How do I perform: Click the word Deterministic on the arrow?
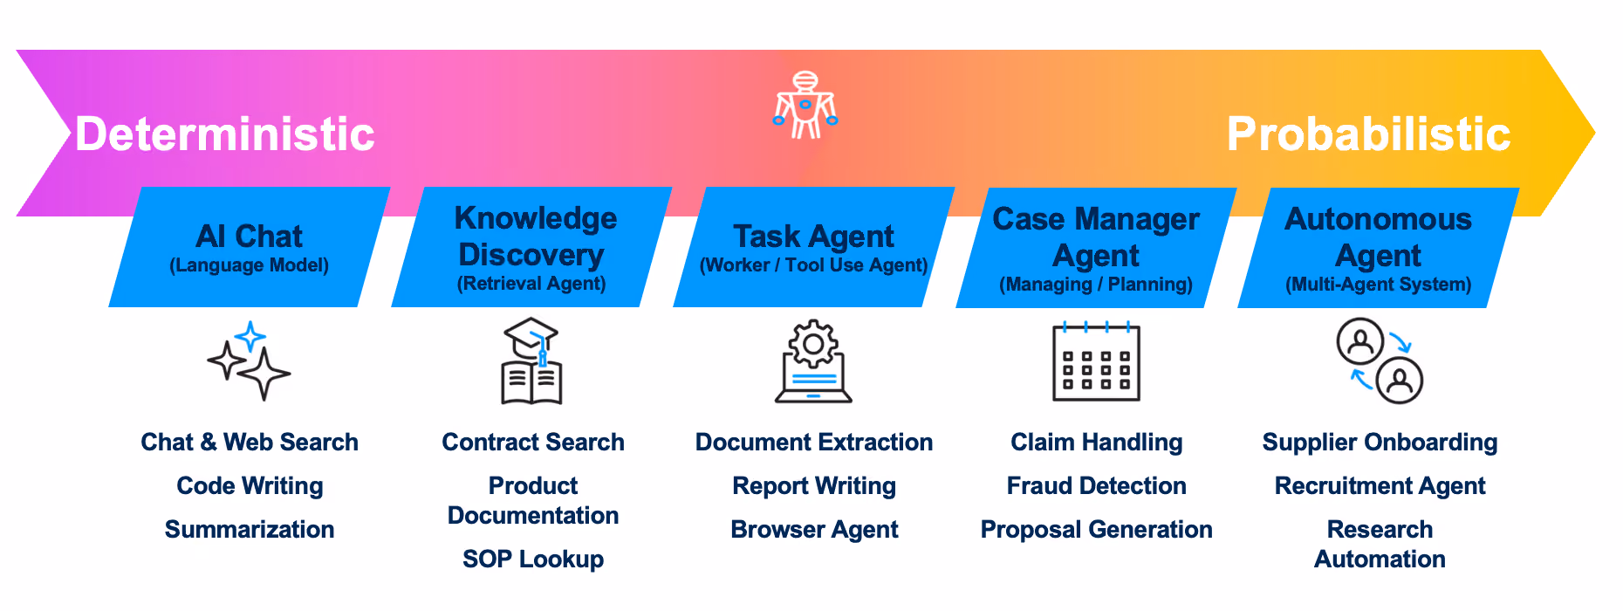click(x=225, y=134)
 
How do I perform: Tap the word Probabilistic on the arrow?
click(x=1368, y=134)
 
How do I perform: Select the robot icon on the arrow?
click(x=805, y=105)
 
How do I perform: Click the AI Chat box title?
click(x=249, y=236)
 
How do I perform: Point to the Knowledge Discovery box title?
click(x=535, y=236)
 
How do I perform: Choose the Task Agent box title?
click(x=813, y=236)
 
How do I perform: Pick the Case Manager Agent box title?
click(x=1096, y=237)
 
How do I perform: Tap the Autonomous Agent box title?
click(x=1378, y=237)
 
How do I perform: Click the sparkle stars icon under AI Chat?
click(x=249, y=360)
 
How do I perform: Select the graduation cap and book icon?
click(x=531, y=360)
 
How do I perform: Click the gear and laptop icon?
click(x=813, y=360)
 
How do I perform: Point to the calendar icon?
click(x=1096, y=361)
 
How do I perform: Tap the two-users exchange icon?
click(x=1380, y=360)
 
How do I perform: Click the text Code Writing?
click(x=250, y=486)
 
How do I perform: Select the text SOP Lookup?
click(x=533, y=560)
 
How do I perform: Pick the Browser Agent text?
click(x=814, y=530)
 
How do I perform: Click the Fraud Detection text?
click(x=1097, y=486)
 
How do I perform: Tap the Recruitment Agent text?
click(x=1380, y=486)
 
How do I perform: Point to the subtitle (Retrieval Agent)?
click(x=531, y=284)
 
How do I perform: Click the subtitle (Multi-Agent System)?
click(x=1379, y=285)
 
